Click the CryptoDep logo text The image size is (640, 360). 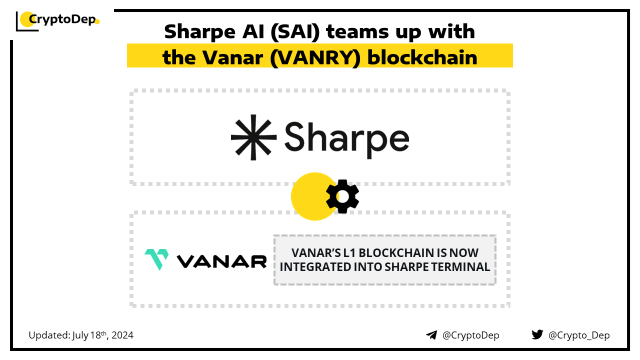(62, 19)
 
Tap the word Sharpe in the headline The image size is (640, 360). (199, 32)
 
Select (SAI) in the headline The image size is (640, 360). (295, 31)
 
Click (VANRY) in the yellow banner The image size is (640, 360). (315, 58)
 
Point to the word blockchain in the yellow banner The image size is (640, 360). (422, 57)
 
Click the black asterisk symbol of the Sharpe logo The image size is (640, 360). (253, 137)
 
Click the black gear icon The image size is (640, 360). (342, 196)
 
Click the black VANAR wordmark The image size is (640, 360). (222, 261)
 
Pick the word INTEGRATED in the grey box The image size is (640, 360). (315, 267)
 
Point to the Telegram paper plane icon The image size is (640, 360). (431, 335)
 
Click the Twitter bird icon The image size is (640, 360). (537, 334)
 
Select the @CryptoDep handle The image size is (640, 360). (470, 335)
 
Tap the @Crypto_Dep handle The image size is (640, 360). (579, 335)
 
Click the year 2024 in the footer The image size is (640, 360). (122, 335)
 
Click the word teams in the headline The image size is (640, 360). (357, 31)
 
